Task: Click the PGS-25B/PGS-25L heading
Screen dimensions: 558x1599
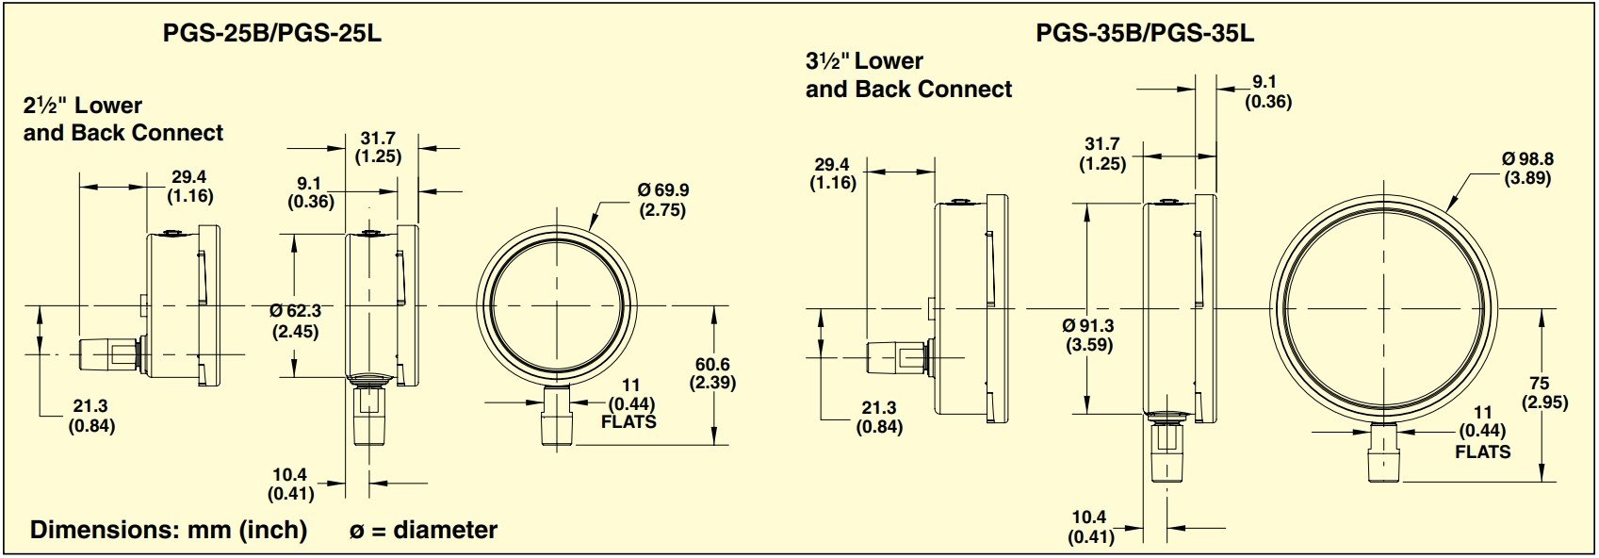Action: point(271,34)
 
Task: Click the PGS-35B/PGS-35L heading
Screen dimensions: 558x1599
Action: point(1145,34)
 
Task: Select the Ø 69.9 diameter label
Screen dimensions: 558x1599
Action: point(662,200)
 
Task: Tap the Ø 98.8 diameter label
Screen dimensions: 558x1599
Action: point(1526,169)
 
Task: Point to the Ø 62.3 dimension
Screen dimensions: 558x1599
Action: point(295,320)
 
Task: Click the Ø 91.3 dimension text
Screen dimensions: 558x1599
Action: point(1088,335)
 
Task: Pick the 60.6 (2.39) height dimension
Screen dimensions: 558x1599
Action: point(713,373)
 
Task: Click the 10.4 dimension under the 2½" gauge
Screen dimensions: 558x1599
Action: point(290,484)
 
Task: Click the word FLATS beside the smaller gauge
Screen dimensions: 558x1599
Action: point(628,422)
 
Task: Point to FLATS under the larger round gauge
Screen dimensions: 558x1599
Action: point(1482,451)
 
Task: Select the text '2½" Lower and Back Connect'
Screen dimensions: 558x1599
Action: point(122,119)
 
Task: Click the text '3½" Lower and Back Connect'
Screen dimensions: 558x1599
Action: point(908,75)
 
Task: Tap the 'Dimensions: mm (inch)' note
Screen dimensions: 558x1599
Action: point(169,530)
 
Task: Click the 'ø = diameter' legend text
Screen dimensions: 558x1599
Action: point(423,531)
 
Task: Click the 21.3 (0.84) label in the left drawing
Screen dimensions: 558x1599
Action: point(90,416)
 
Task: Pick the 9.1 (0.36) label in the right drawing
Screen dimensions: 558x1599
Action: point(1267,91)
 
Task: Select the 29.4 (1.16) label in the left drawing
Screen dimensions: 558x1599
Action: point(189,187)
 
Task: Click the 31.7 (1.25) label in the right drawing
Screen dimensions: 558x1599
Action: point(1102,154)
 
